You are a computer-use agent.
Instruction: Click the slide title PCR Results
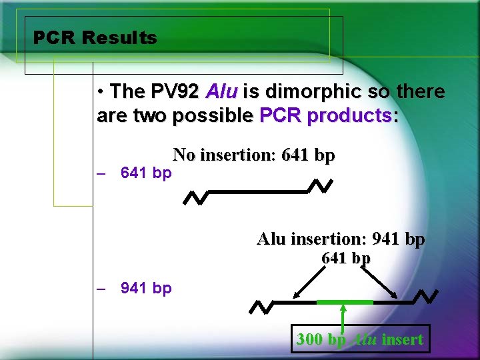point(95,38)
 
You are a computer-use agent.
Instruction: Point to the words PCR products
point(325,116)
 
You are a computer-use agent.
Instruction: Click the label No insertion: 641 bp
point(253,156)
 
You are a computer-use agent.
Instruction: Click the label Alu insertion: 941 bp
point(341,239)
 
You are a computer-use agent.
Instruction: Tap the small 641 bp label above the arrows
point(346,258)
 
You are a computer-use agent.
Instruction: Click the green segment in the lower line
point(344,302)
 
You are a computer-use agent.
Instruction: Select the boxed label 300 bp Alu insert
point(359,339)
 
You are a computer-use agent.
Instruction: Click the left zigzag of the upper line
point(195,197)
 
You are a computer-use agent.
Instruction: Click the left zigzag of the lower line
point(260,306)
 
